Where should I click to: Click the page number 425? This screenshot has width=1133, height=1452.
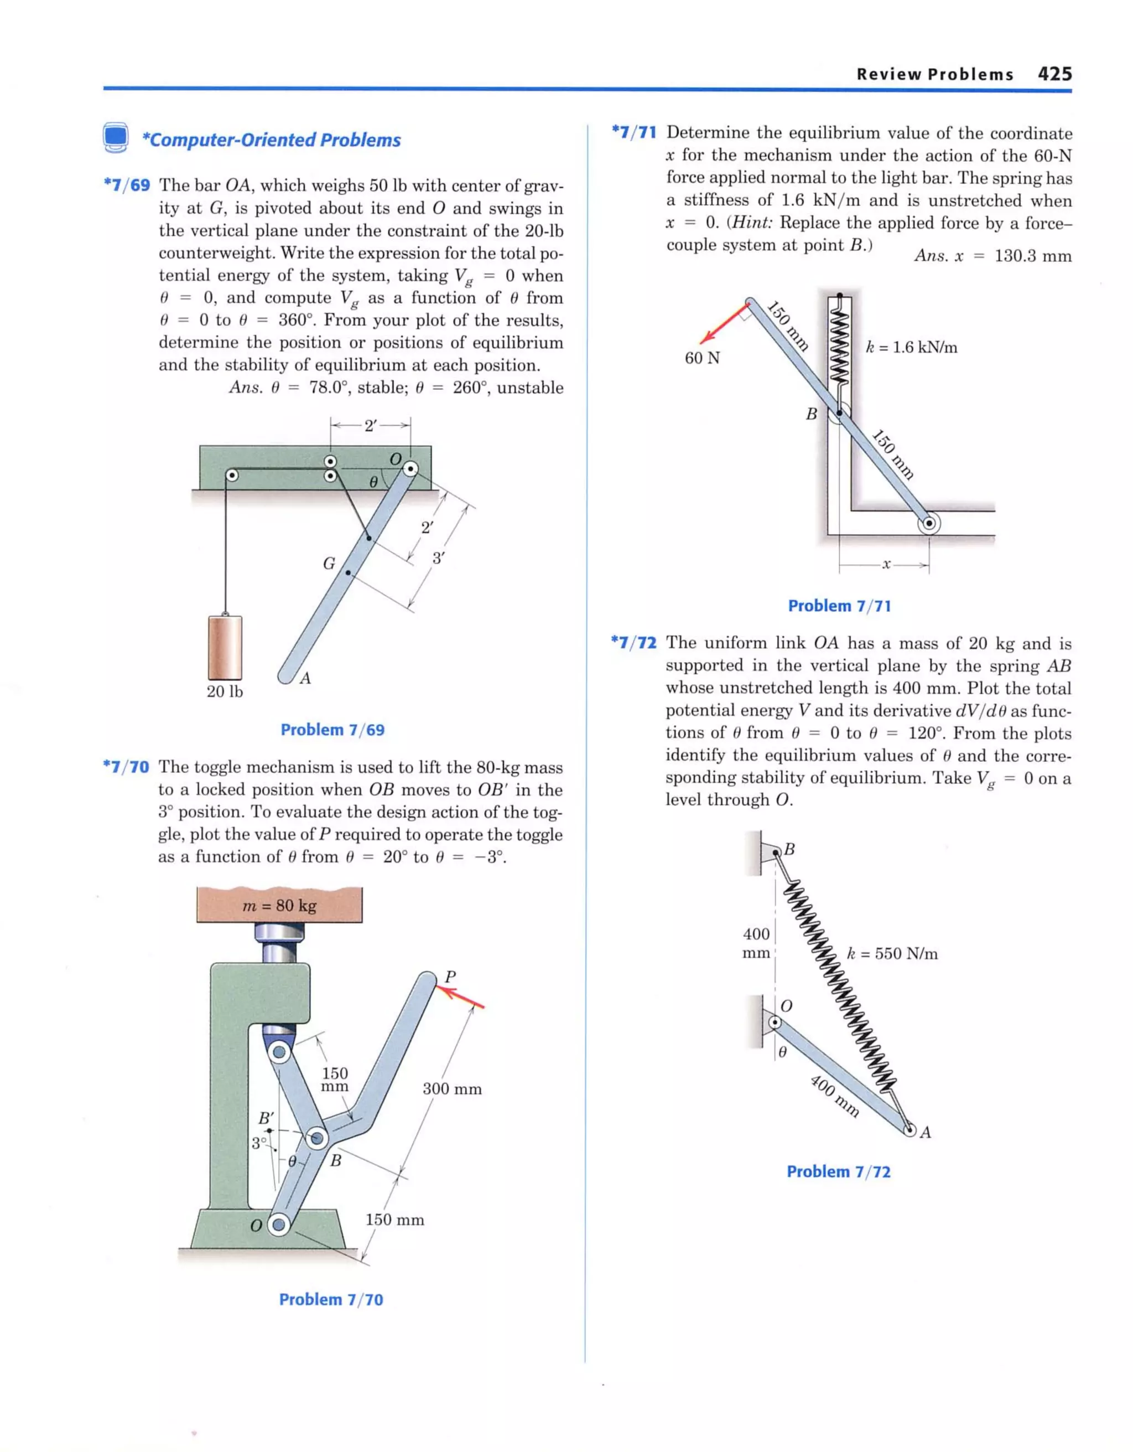click(1054, 74)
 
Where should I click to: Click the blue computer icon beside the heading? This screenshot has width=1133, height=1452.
click(116, 138)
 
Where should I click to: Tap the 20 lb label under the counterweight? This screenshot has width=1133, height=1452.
click(225, 691)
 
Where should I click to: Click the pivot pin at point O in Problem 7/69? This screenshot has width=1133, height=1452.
click(412, 469)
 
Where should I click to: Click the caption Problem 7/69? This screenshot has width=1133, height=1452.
click(332, 730)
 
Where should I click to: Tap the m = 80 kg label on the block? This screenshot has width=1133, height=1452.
click(279, 905)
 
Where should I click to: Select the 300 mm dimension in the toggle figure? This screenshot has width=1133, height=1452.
click(452, 1088)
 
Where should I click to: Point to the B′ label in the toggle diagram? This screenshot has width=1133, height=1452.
click(266, 1118)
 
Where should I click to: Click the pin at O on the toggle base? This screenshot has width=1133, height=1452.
click(279, 1224)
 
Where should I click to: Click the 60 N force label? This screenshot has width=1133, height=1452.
click(703, 358)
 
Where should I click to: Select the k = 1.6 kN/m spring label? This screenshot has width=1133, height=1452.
click(911, 347)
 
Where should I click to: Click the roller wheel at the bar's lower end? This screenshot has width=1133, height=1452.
click(928, 523)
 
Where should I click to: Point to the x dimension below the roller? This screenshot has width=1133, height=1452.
click(885, 565)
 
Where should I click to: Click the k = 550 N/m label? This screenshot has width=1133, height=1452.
click(892, 953)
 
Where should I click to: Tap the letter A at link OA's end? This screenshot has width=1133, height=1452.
click(926, 1132)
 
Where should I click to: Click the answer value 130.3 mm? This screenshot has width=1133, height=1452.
click(1032, 256)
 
